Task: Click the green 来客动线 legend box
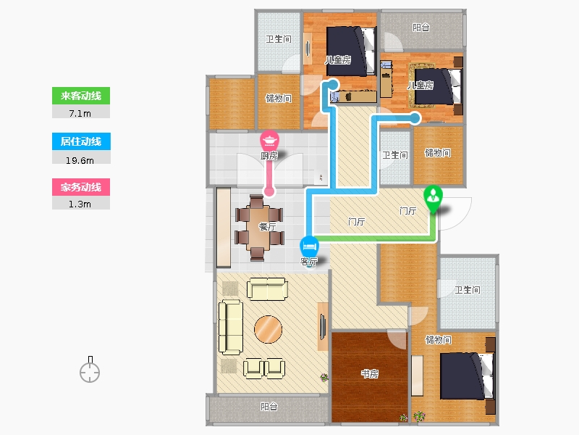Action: tap(81, 96)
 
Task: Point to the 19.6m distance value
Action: tap(81, 159)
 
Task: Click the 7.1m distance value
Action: tap(81, 113)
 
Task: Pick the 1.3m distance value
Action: tap(81, 204)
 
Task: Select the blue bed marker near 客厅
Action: tap(308, 245)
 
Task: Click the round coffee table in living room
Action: tap(268, 329)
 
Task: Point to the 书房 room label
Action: tap(369, 374)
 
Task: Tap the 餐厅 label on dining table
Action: tap(267, 226)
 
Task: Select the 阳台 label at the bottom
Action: tap(269, 407)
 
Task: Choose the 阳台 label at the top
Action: tap(421, 28)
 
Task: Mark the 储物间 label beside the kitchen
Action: tap(278, 99)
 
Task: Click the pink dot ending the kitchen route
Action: tap(269, 192)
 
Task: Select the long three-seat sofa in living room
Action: tap(230, 326)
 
